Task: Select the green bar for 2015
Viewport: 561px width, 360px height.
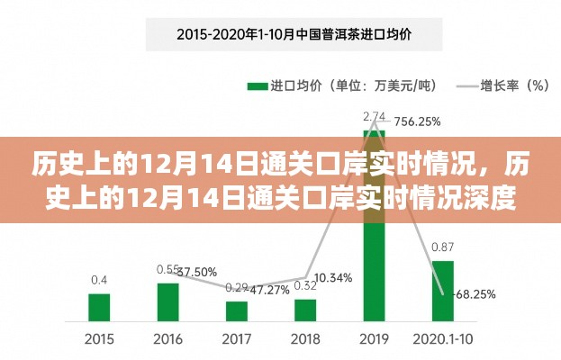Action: pyautogui.click(x=99, y=307)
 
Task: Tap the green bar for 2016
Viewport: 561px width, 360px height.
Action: pyautogui.click(x=167, y=301)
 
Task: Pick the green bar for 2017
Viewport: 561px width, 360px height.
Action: pyautogui.click(x=237, y=310)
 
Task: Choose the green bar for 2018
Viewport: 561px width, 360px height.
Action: pyautogui.click(x=305, y=310)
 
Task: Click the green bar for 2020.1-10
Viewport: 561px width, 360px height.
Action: pyautogui.click(x=442, y=291)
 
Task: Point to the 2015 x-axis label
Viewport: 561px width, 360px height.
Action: pyautogui.click(x=99, y=339)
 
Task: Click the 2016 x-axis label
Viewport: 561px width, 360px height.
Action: pyautogui.click(x=167, y=339)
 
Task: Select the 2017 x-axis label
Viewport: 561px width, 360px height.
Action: pyautogui.click(x=237, y=339)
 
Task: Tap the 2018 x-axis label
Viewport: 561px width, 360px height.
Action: pyautogui.click(x=305, y=339)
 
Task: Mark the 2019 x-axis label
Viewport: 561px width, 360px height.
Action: pyautogui.click(x=374, y=339)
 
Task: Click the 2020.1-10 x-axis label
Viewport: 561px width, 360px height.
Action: pyautogui.click(x=442, y=339)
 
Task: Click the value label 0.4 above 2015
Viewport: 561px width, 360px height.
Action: pyautogui.click(x=99, y=279)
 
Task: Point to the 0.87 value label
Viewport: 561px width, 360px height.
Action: pyautogui.click(x=442, y=247)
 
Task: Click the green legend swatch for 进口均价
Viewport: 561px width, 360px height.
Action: pyautogui.click(x=258, y=86)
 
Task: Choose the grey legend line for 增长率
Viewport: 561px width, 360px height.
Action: pyautogui.click(x=467, y=86)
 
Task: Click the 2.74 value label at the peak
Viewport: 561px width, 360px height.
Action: pyautogui.click(x=374, y=116)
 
